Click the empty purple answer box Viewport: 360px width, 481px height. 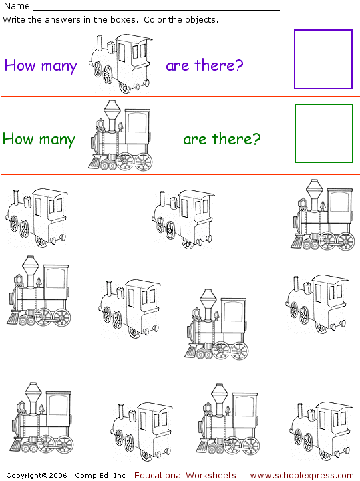(323, 59)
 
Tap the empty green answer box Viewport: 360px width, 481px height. (323, 133)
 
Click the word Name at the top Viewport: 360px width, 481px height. (16, 6)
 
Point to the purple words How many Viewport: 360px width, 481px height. (41, 65)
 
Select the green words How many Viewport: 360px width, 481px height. (39, 139)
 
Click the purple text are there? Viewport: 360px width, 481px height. (204, 65)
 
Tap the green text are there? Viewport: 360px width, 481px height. (222, 139)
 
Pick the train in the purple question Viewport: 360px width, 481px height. (121, 63)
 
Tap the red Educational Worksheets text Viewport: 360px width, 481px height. (185, 475)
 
